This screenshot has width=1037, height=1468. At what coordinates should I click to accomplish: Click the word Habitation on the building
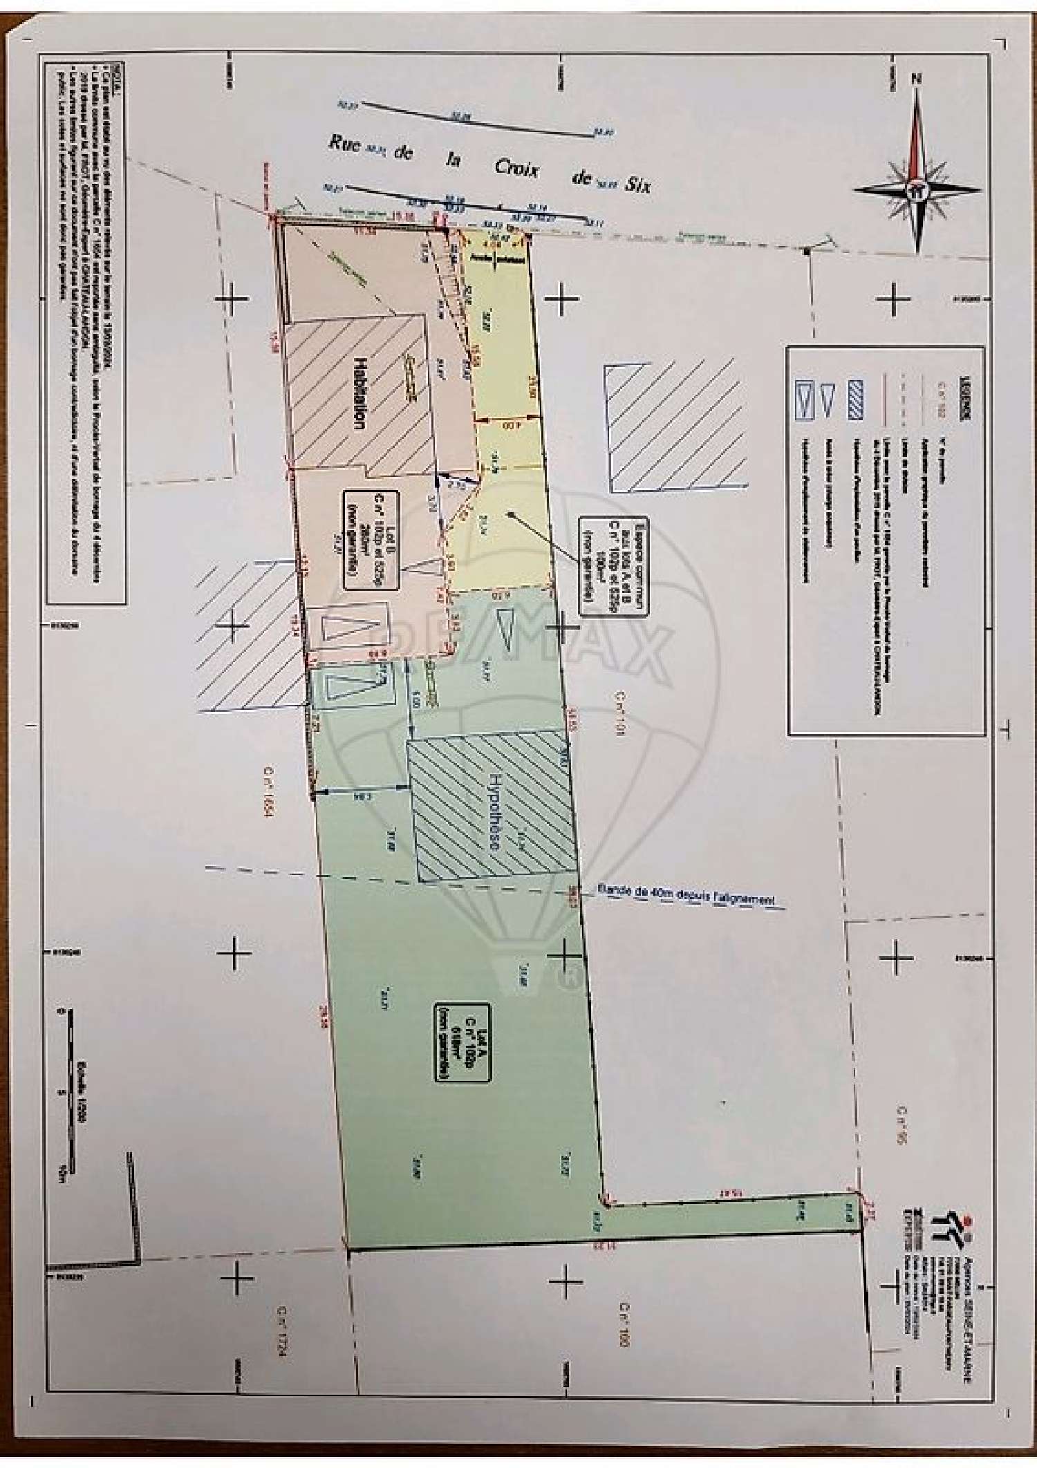click(x=359, y=393)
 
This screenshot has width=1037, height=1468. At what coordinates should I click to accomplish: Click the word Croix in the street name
click(x=516, y=168)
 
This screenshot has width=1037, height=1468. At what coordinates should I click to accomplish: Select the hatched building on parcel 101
click(x=675, y=427)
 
